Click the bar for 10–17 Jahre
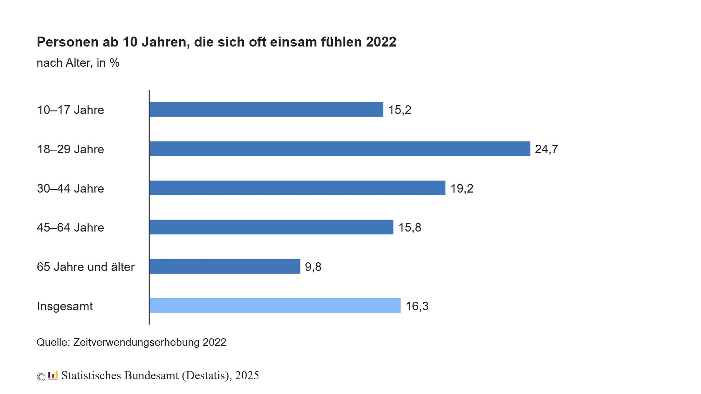266,109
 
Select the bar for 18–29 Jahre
340,149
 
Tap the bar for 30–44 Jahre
297,188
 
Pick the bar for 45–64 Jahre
271,227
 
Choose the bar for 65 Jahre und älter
225,266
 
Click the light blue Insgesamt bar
275,305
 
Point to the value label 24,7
546,149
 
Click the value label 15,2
399,110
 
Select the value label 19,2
461,188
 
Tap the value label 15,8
409,227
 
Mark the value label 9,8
313,267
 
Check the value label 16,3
417,306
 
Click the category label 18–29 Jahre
70,149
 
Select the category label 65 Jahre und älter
86,267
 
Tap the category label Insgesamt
65,306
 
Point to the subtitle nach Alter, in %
78,63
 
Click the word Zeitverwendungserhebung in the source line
136,342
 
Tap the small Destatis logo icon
53,376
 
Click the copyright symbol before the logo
41,377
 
